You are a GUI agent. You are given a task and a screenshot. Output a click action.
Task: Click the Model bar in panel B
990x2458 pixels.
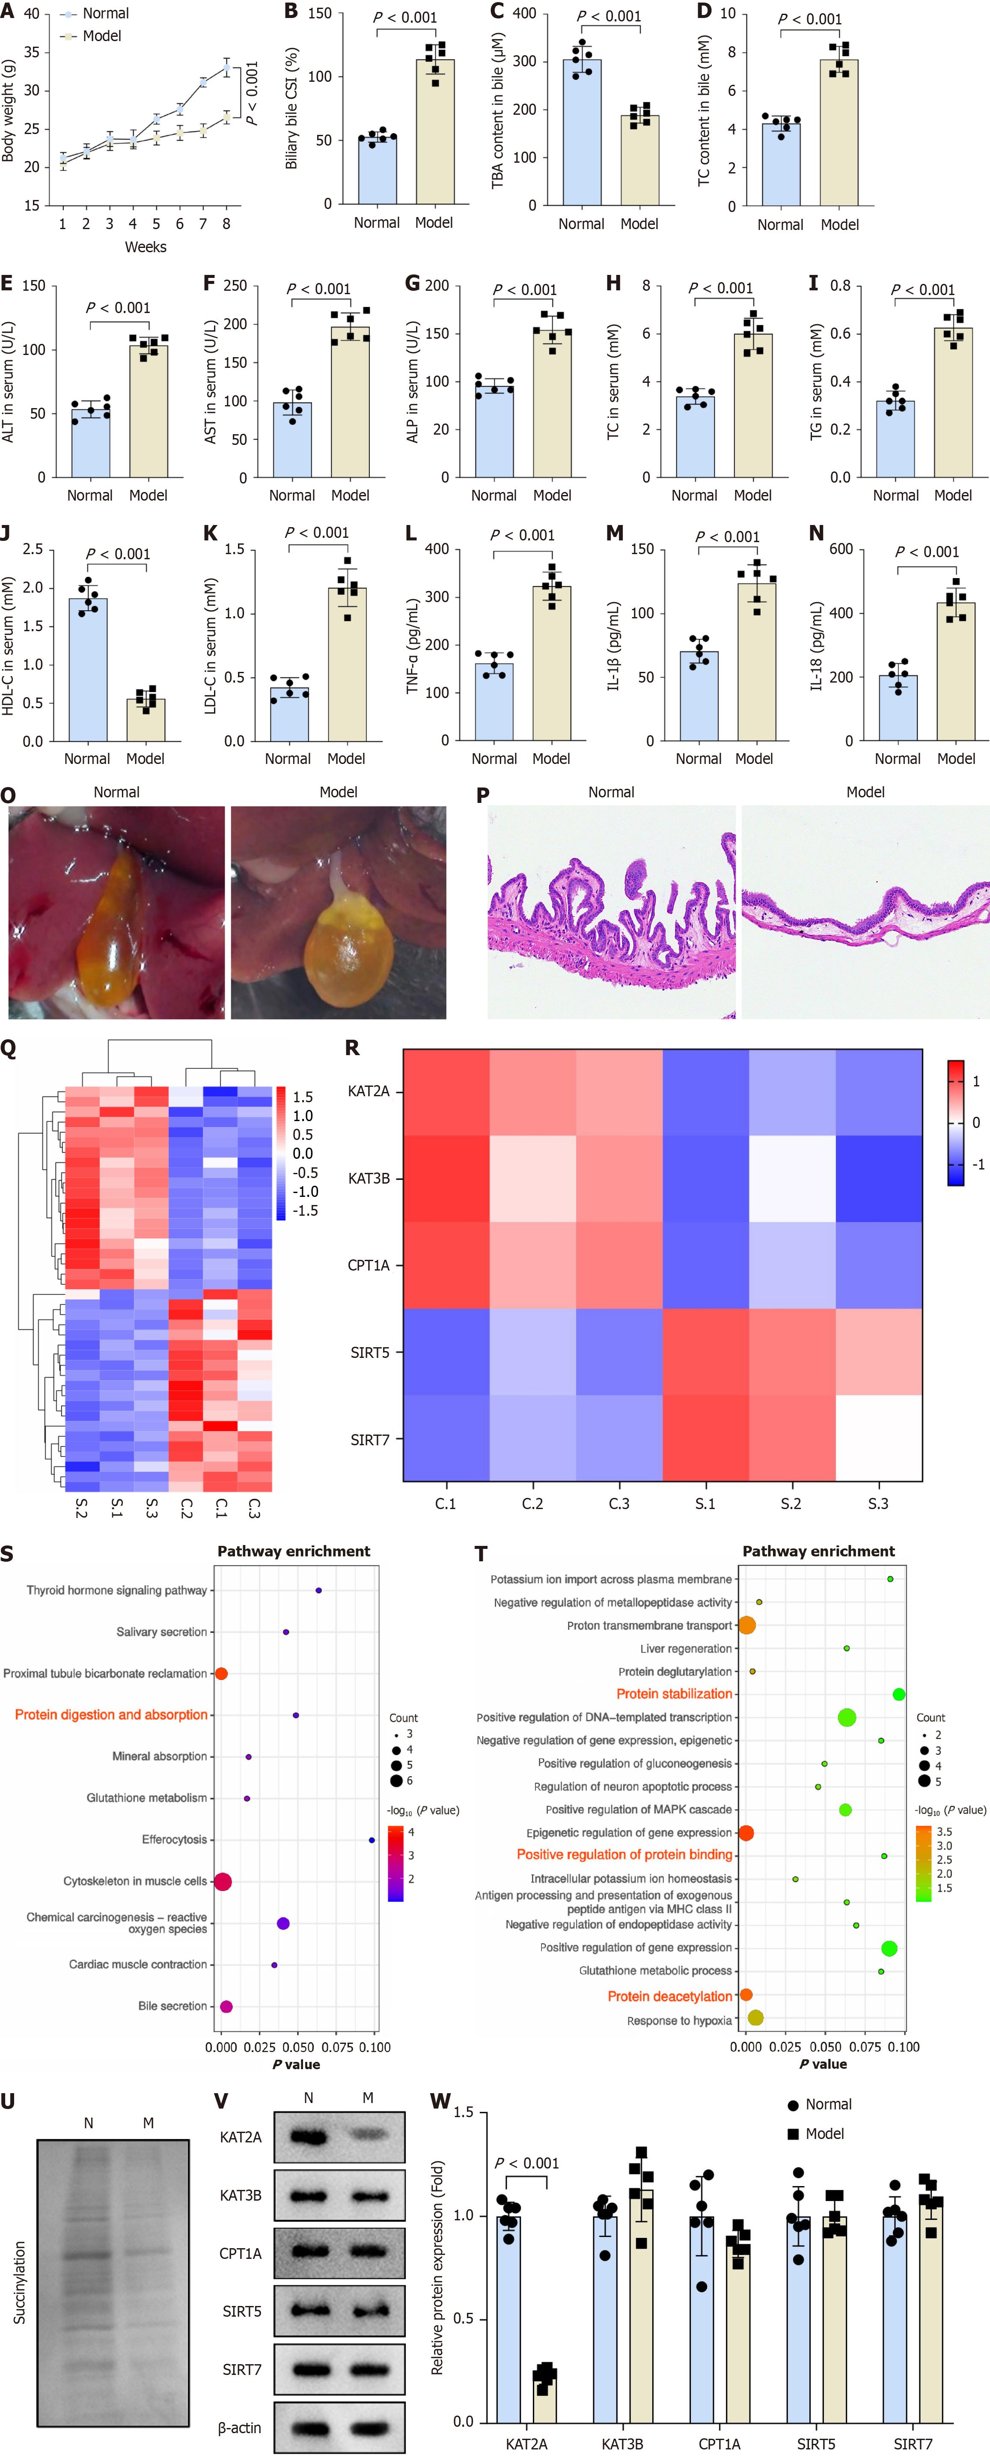tap(435, 134)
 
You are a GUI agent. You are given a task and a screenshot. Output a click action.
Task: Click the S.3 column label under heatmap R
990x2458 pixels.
tap(877, 1504)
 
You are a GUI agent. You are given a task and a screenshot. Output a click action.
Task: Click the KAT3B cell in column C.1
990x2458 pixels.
tap(446, 1178)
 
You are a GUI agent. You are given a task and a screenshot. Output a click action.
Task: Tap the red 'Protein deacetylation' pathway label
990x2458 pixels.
tap(669, 1996)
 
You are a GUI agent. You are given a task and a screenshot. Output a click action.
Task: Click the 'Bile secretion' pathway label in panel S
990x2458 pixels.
tap(172, 2006)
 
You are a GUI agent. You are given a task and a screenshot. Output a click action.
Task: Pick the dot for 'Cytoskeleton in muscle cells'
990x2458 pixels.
tap(222, 1882)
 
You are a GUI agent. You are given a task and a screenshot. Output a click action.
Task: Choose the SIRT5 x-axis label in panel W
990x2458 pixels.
tap(816, 2445)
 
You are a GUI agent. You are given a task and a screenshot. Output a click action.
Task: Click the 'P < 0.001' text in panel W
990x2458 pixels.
tap(526, 2163)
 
